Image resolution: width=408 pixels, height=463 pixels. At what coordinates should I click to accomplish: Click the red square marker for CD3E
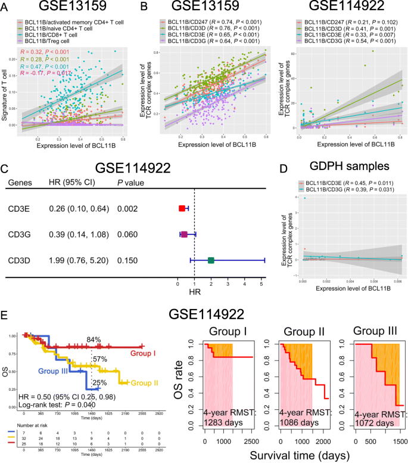182,208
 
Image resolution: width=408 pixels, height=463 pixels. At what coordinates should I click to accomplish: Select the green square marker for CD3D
211,260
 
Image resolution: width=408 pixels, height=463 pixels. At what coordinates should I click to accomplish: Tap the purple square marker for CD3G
184,234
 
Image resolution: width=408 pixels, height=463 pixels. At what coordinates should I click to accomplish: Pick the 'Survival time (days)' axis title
299,454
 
